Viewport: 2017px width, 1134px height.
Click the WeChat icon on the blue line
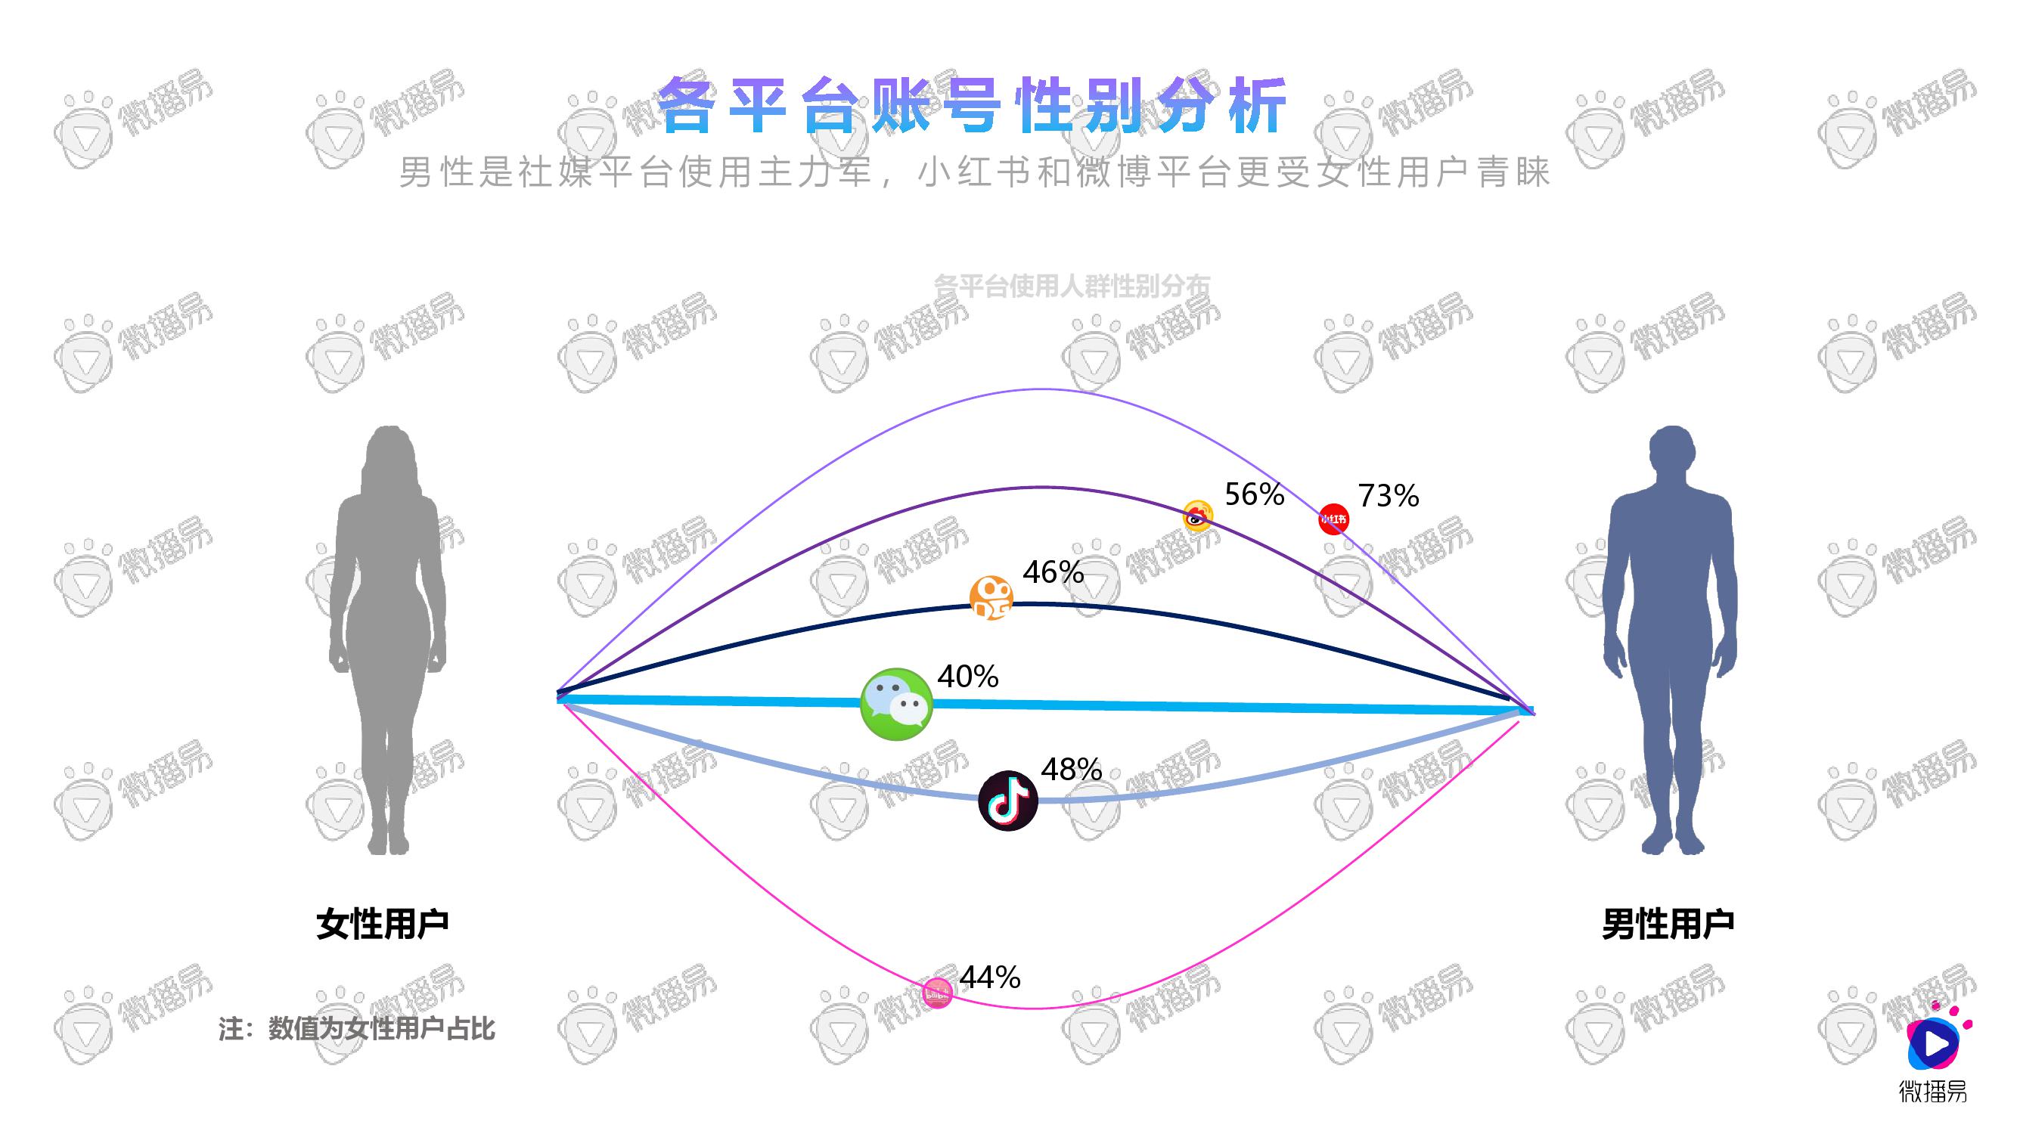pos(896,704)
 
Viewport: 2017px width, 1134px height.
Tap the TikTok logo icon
pos(1009,801)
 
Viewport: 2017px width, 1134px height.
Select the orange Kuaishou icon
pos(991,598)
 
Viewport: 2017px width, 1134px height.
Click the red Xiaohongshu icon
pos(1333,519)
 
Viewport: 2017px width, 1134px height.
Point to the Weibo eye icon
pos(1197,516)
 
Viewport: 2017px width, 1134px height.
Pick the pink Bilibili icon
pos(937,993)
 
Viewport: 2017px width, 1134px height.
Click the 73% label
pos(1389,496)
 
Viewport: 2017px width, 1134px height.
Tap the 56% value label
pos(1255,494)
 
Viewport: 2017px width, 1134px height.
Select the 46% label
pos(1053,573)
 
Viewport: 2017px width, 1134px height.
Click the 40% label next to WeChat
pos(968,676)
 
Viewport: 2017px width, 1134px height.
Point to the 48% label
pos(1071,770)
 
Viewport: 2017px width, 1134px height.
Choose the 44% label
pos(990,978)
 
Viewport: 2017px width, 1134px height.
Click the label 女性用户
pos(382,925)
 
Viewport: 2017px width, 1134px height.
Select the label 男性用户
pos(1668,925)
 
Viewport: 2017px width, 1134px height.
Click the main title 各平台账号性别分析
pos(972,106)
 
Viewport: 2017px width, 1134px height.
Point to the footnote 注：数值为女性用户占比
pos(356,1028)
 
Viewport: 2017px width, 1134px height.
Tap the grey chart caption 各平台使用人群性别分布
pos(1072,287)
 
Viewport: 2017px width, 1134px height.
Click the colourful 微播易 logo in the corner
pos(1933,1052)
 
